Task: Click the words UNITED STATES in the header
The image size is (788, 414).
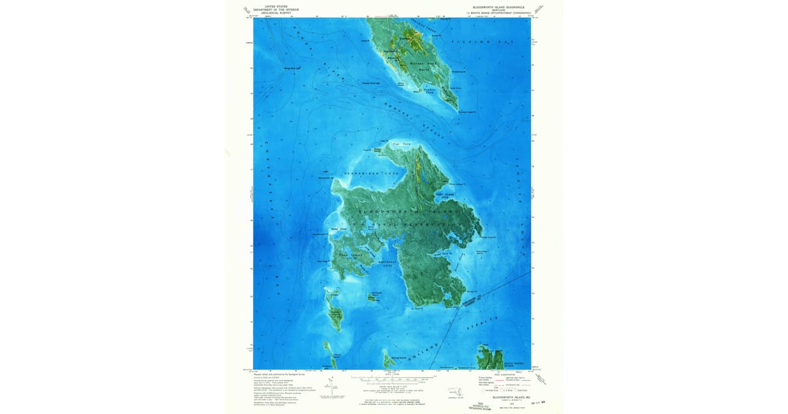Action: [275, 5]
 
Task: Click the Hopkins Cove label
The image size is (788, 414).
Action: [429, 91]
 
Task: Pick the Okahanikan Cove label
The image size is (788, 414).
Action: [372, 173]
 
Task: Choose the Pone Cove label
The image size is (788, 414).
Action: [347, 229]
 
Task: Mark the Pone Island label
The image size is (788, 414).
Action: [351, 255]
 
